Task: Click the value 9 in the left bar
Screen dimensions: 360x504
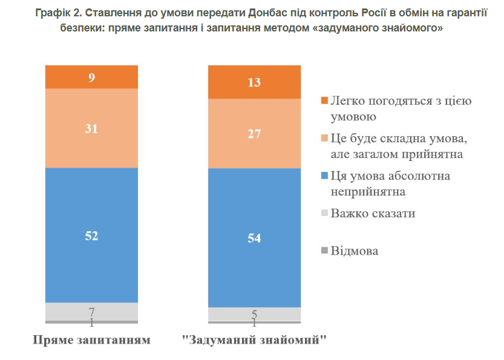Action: [x=92, y=77]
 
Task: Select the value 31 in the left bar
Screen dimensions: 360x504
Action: [x=92, y=128]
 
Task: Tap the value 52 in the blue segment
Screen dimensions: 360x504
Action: [x=92, y=235]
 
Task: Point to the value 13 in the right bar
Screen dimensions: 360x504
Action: [x=254, y=83]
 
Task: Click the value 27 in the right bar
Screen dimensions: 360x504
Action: [x=254, y=134]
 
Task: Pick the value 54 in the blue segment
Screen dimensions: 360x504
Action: [x=254, y=238]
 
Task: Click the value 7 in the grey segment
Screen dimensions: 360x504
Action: [x=92, y=312]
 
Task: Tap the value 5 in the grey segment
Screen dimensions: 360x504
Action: [x=254, y=314]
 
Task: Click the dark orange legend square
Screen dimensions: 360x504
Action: [x=324, y=100]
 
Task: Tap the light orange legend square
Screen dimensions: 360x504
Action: [x=324, y=139]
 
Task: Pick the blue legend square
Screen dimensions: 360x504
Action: [x=324, y=176]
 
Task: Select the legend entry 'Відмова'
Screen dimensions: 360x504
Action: [x=355, y=250]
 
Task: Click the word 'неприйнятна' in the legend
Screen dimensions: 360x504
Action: [x=368, y=192]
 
